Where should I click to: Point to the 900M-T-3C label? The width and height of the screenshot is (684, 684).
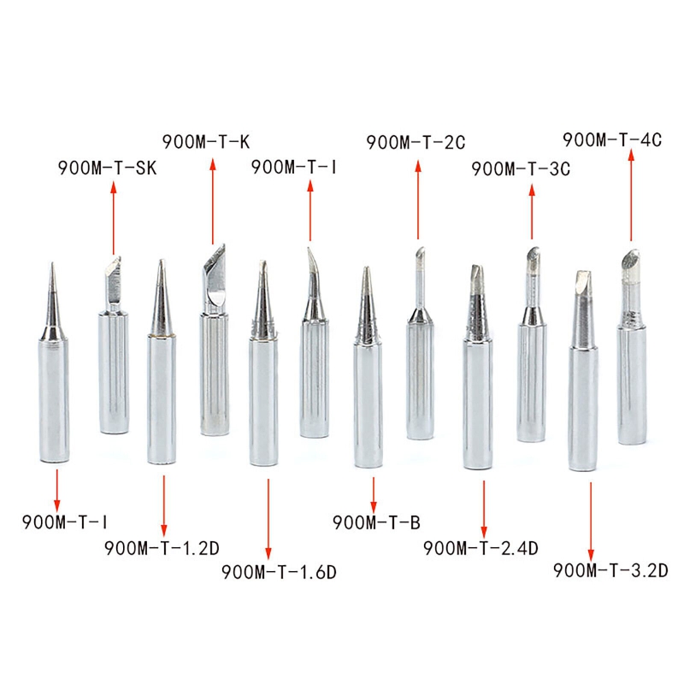coord(520,168)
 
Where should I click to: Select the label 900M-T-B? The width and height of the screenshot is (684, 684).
coord(376,522)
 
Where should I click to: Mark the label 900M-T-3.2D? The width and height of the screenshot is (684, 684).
coord(610,570)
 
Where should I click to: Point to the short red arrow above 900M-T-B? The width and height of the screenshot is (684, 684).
coord(374,492)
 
